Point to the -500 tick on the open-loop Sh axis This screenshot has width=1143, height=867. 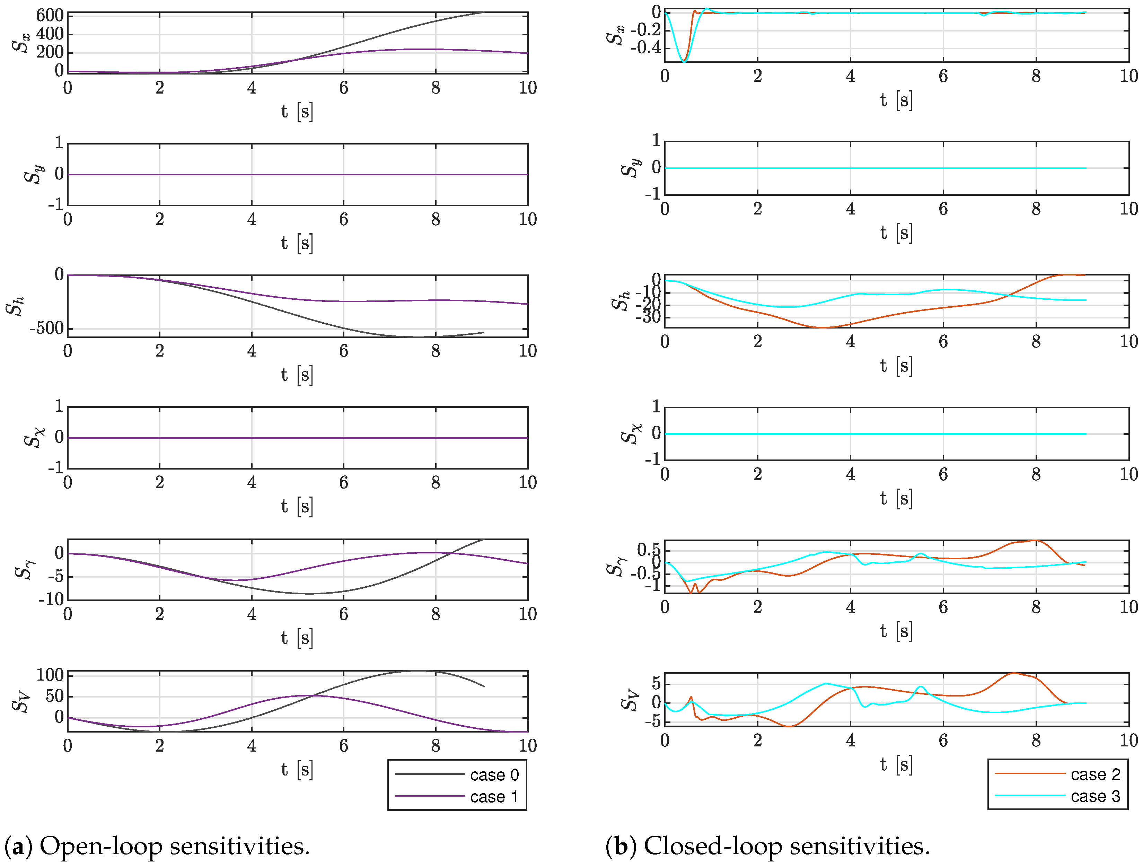(x=46, y=328)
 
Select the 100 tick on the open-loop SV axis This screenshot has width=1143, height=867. (x=50, y=675)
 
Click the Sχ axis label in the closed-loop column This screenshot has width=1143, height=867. (x=631, y=433)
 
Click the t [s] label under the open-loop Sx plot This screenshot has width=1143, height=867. (x=297, y=111)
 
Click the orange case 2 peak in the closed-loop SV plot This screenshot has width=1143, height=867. (x=1015, y=673)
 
